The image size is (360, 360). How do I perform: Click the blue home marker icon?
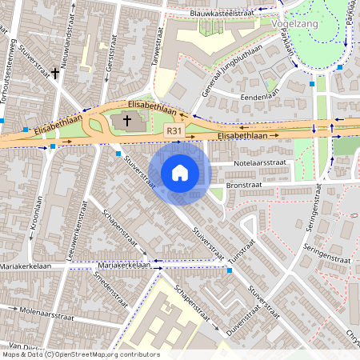pos(180,172)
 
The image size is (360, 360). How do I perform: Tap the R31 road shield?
pos(174,129)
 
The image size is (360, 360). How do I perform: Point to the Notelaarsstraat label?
pos(259,163)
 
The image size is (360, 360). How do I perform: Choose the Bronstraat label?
pos(245,183)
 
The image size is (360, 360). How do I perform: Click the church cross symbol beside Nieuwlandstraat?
pos(56,74)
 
